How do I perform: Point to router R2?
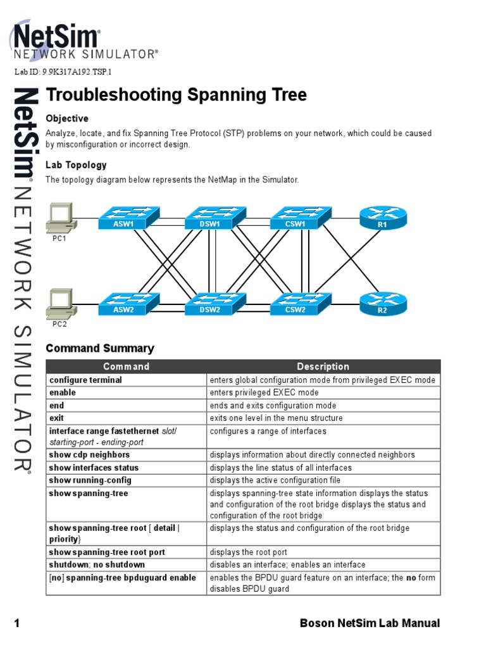pyautogui.click(x=382, y=304)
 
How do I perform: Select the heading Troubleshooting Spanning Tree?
pyautogui.click(x=176, y=95)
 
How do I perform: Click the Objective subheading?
pyautogui.click(x=67, y=118)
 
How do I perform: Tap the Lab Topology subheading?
pyautogui.click(x=76, y=165)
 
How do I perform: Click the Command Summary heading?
pyautogui.click(x=100, y=348)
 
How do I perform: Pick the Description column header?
pyautogui.click(x=323, y=366)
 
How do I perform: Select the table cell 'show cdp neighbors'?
pyautogui.click(x=89, y=455)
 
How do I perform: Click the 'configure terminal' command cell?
pyautogui.click(x=85, y=380)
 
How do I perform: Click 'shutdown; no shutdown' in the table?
pyautogui.click(x=97, y=564)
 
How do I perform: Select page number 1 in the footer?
pyautogui.click(x=17, y=624)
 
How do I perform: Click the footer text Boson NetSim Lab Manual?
pyautogui.click(x=370, y=624)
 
